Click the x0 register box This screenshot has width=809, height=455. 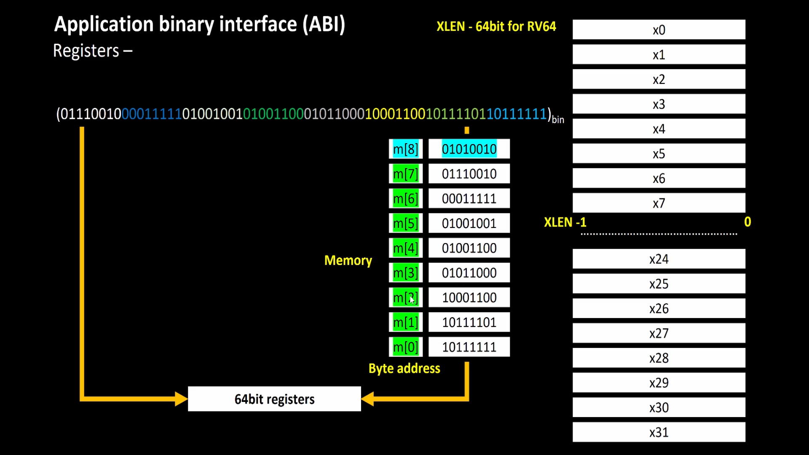coord(659,30)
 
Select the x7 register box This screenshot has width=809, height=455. coord(659,203)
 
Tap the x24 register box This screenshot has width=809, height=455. coord(659,259)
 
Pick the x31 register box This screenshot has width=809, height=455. coord(659,433)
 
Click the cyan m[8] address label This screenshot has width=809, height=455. coord(405,149)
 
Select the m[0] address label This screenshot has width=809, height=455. coord(405,347)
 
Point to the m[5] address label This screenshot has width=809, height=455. coord(405,223)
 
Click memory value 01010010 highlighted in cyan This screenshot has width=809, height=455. coord(469,149)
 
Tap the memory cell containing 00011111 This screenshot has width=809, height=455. coord(469,199)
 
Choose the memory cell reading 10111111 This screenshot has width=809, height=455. coord(469,347)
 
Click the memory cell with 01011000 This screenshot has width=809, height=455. coord(469,273)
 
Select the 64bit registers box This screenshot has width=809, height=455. coord(274,399)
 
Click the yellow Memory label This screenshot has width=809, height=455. coord(348,260)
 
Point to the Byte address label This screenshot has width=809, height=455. coord(404,369)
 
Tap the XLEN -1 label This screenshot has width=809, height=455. coord(565,222)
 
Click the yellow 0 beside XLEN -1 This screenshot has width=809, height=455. coord(747,222)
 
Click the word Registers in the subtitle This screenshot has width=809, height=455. coord(86,51)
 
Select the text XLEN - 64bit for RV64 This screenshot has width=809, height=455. coord(496,27)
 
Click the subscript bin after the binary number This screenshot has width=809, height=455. coord(558,120)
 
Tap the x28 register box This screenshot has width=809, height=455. coord(659,359)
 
